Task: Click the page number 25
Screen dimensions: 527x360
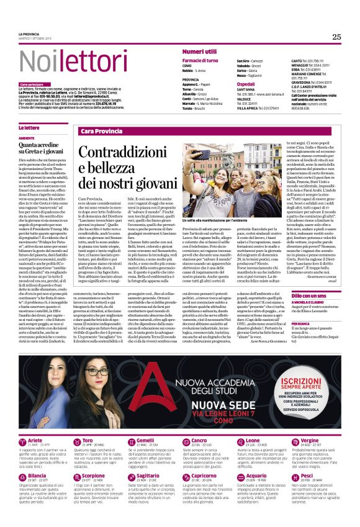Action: pos(336,37)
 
